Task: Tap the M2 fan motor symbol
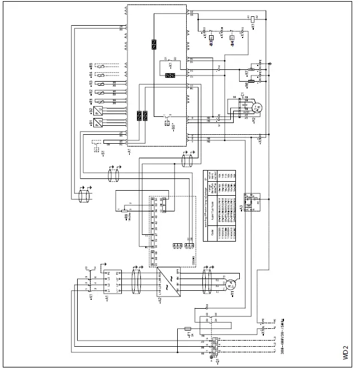pos(257,106)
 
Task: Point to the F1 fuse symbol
pos(188,329)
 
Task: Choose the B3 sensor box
pos(212,40)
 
